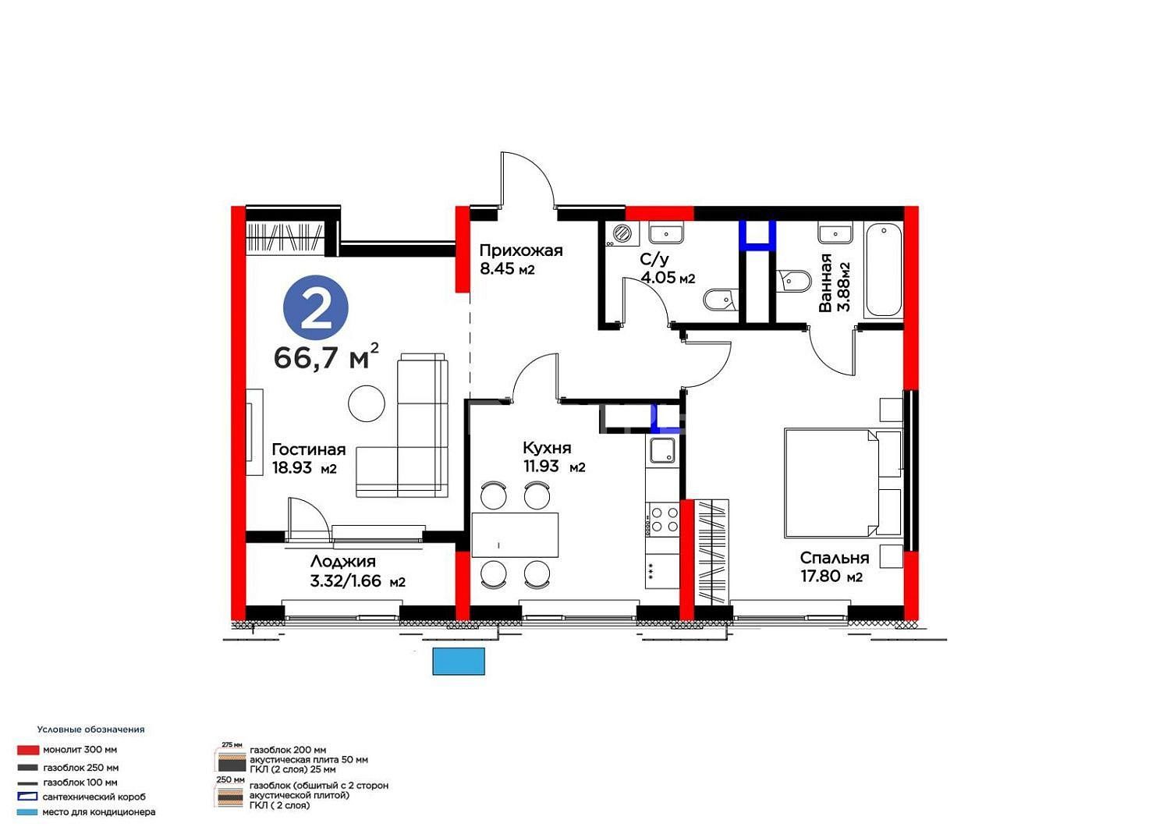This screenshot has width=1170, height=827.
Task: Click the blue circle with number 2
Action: click(315, 307)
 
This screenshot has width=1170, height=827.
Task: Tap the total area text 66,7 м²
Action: click(326, 357)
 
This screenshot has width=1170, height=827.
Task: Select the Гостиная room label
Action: click(309, 449)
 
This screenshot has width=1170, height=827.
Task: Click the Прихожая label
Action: click(521, 250)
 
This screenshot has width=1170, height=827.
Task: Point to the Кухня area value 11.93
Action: click(541, 466)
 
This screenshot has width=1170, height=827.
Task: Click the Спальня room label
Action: click(834, 558)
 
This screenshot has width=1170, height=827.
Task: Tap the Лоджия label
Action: click(342, 562)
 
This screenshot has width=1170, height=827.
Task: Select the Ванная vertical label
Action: click(824, 282)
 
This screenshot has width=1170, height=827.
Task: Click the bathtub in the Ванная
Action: click(883, 270)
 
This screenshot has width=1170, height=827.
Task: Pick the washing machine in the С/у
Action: click(622, 234)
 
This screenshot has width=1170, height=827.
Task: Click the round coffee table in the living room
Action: click(367, 403)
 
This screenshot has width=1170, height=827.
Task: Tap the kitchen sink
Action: click(662, 450)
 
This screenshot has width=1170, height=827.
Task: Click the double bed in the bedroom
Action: click(843, 483)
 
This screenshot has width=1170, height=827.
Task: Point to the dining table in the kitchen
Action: click(515, 535)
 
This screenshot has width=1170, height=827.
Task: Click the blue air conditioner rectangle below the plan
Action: click(459, 662)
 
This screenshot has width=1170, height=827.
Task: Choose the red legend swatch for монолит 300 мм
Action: click(27, 750)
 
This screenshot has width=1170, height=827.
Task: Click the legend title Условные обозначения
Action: click(91, 729)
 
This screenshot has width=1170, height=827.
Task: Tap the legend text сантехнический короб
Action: click(94, 797)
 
